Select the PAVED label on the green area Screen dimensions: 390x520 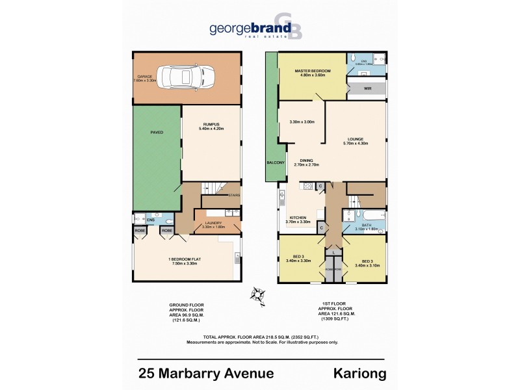coord(157,132)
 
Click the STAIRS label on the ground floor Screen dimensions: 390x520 coord(234,194)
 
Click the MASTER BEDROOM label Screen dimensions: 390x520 coord(312,70)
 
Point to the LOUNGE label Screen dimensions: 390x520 coord(354,138)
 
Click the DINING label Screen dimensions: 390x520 coord(306,161)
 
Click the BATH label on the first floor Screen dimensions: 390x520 coord(366,225)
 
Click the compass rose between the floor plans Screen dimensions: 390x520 coord(257,294)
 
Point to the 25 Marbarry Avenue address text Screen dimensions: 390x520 coord(207,373)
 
